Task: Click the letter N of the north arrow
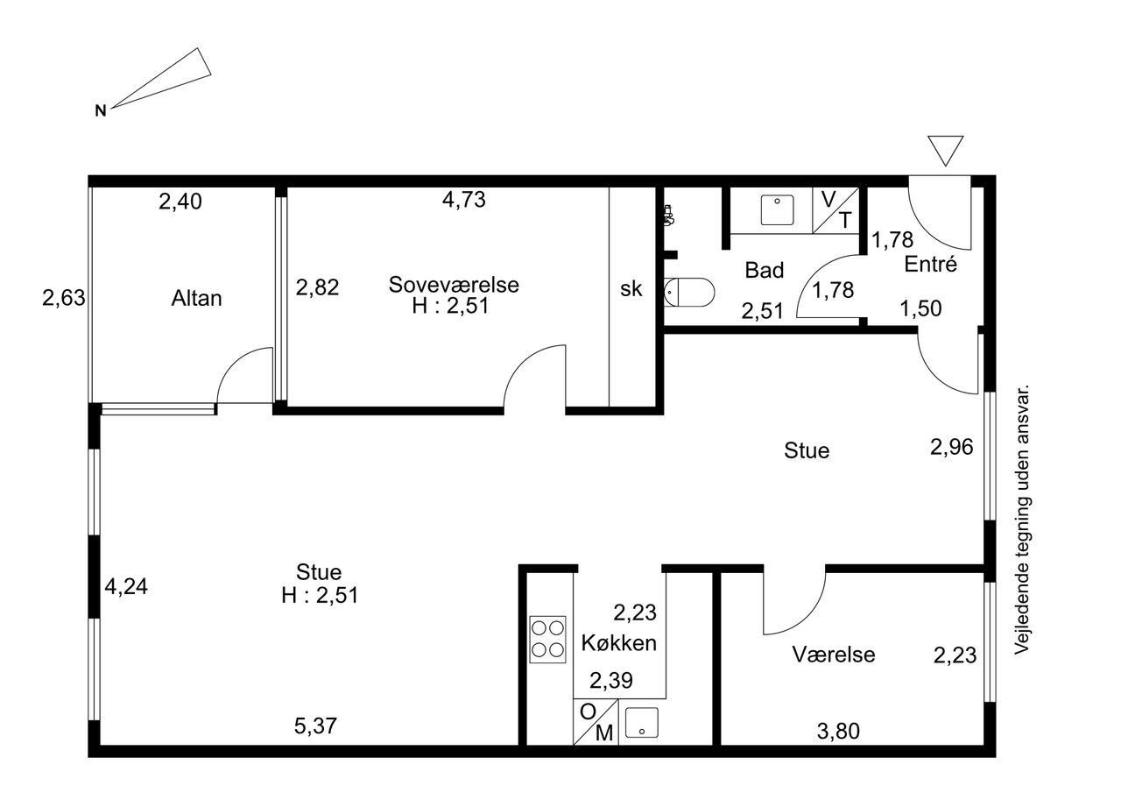pos(101,110)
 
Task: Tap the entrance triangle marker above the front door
pos(945,150)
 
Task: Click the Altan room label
pos(197,299)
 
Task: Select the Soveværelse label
pos(454,285)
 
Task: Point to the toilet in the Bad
pos(689,293)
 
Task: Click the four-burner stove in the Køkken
pos(548,640)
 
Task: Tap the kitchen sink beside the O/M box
pos(642,722)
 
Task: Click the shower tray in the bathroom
pos(777,209)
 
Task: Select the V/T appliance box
pos(835,210)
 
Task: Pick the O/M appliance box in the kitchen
pos(596,722)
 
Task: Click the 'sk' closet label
pos(631,289)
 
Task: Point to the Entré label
pos(930,264)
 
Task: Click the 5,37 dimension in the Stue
pos(316,726)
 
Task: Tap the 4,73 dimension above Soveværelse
pos(464,200)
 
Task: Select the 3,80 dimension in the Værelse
pos(838,732)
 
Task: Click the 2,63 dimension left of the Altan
pos(64,299)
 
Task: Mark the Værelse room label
pos(834,655)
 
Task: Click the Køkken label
pos(619,643)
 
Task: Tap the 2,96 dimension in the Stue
pos(952,447)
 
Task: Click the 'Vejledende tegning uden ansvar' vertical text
pos(1021,519)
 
